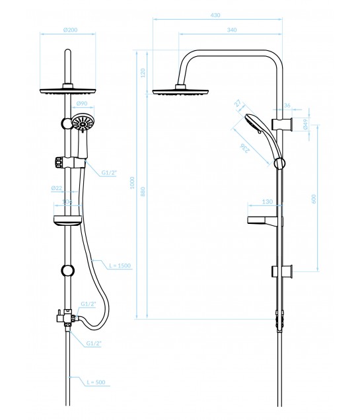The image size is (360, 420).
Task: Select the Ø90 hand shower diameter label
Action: coord(81,104)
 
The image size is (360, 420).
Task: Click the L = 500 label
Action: coord(97,382)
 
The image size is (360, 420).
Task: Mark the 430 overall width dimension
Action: coord(215,15)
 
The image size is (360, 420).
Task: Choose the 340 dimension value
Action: coord(232,30)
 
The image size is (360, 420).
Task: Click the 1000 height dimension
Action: coord(132,182)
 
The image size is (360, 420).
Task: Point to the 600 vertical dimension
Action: coord(315,198)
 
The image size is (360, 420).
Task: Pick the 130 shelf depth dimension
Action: coord(267,201)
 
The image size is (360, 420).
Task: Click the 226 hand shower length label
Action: coord(245,150)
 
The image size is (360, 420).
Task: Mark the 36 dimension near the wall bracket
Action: coord(287,104)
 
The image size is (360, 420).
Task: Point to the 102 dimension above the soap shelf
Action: coord(66,201)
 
